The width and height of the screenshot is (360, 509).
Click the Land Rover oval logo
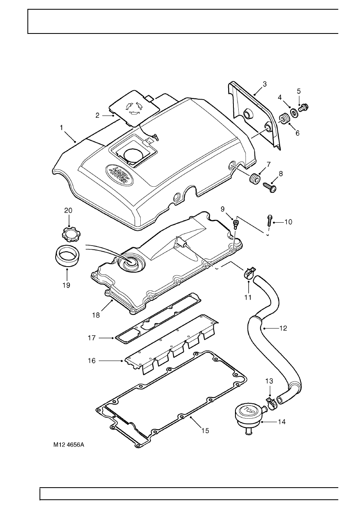[x=119, y=175]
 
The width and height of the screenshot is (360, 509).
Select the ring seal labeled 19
[x=67, y=255]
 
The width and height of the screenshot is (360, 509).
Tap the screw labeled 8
[x=270, y=188]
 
